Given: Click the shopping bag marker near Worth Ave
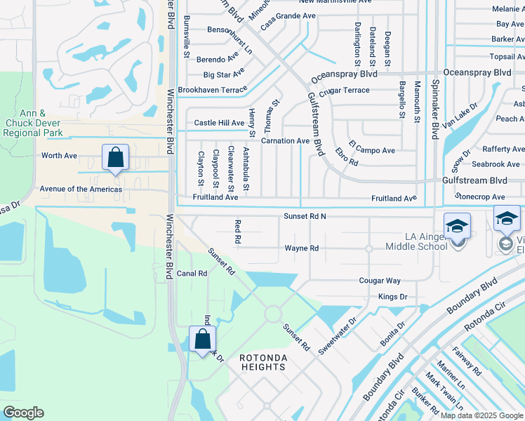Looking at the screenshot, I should click(x=116, y=157).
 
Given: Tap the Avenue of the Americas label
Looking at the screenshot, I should click(x=81, y=189).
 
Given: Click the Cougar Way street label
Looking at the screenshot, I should click(x=380, y=281).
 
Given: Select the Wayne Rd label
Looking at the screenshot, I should click(x=302, y=248).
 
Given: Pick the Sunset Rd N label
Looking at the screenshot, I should click(x=305, y=217).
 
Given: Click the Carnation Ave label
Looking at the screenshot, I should click(x=285, y=141).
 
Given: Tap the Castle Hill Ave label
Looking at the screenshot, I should click(x=219, y=123).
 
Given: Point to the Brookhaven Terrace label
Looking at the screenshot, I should click(x=212, y=90).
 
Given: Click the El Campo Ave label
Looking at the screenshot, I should click(x=371, y=150).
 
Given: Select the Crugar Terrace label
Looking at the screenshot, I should click(x=344, y=91).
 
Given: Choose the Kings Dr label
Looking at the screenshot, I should click(x=392, y=297).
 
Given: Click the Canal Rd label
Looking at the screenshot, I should click(x=192, y=274).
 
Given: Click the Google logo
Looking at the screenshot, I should click(x=23, y=413).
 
